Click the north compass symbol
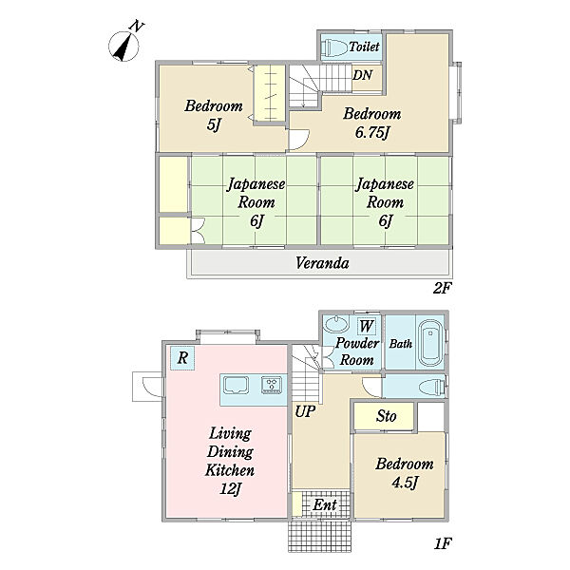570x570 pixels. [x=124, y=46]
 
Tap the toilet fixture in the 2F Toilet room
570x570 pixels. [x=333, y=47]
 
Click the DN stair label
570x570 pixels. [x=363, y=75]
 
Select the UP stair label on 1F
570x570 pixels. [x=305, y=412]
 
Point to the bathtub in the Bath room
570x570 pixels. [x=430, y=344]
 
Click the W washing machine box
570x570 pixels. [x=366, y=326]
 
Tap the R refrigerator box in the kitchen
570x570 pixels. [x=182, y=358]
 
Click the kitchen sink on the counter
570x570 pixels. [x=237, y=385]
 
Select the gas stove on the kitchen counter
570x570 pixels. [x=272, y=385]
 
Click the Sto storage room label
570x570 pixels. [x=386, y=416]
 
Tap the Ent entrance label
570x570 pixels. [x=325, y=504]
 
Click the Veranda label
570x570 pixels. [x=322, y=263]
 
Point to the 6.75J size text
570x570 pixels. [x=372, y=133]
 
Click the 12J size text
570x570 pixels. [x=231, y=489]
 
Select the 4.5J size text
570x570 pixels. [x=405, y=483]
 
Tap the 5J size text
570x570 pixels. [x=214, y=125]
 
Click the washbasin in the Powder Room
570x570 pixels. [x=335, y=323]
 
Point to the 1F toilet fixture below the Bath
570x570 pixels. [x=432, y=387]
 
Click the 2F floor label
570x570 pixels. [x=442, y=288]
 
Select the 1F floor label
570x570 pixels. [x=443, y=543]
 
